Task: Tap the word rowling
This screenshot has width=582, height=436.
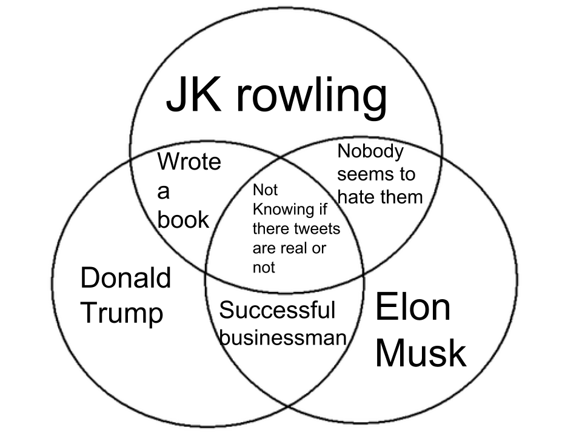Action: pos(312,97)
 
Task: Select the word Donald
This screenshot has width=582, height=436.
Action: pos(125,277)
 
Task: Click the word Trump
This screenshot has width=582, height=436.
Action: pos(122,313)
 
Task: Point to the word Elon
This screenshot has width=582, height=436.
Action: pos(413,307)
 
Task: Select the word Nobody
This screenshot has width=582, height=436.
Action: pos(370,151)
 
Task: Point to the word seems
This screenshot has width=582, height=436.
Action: pos(360,174)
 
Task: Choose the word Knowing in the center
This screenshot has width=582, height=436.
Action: pos(284,210)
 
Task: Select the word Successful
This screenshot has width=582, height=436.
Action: pos(277,310)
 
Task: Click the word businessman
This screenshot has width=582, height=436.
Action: pos(283,337)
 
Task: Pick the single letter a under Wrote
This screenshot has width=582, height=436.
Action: pos(163,192)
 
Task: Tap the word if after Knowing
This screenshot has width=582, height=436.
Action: pos(322,209)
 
